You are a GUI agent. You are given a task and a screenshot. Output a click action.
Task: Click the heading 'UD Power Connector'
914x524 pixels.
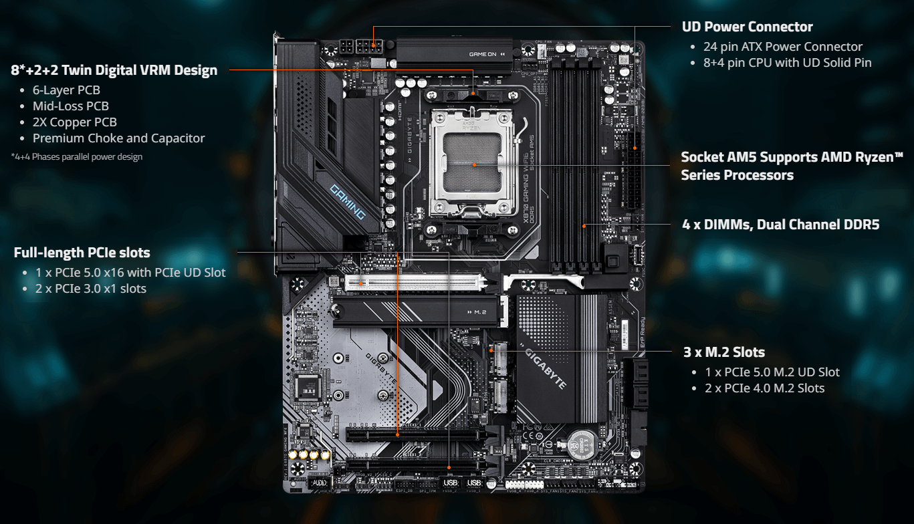pos(747,27)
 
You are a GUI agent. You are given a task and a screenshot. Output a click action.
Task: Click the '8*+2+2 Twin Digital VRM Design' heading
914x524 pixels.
pos(114,70)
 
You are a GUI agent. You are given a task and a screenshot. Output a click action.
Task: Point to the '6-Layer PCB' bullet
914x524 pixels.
pos(66,90)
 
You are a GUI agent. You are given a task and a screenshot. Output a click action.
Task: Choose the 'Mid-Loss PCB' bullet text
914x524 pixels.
pos(70,106)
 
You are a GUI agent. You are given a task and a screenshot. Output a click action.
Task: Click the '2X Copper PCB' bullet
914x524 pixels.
pos(74,122)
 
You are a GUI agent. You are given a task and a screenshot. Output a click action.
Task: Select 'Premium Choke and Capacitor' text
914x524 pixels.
pos(118,138)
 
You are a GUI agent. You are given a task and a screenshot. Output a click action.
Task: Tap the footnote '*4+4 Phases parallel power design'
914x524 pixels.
pos(76,157)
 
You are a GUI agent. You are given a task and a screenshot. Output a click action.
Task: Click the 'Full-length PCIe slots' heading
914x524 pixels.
pos(82,253)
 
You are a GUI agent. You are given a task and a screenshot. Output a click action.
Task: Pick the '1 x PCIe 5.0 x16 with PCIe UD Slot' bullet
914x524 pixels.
pos(130,273)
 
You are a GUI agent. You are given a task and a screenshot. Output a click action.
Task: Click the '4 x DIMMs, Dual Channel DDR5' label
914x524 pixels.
pos(780,225)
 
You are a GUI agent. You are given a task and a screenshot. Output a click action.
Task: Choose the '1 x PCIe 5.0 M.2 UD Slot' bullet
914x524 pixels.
pos(772,372)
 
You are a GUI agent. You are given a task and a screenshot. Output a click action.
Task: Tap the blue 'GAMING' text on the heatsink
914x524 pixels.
pos(348,202)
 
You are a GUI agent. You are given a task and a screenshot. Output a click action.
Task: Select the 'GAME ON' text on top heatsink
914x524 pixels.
pos(483,54)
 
